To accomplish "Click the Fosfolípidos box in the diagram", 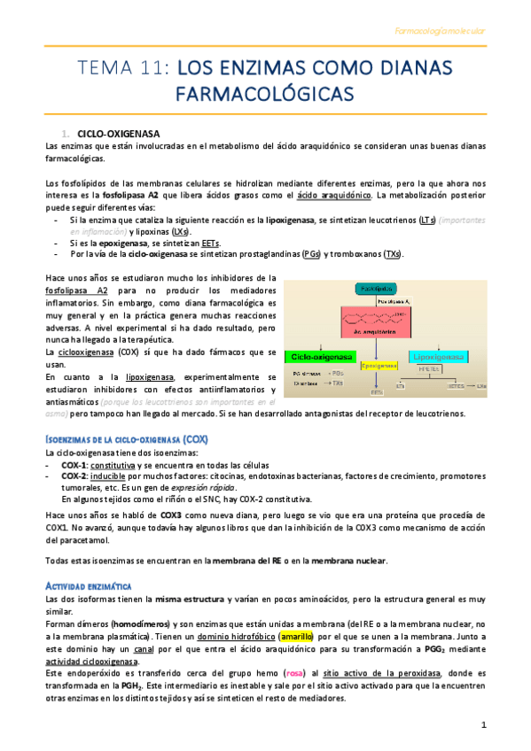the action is coord(381,289).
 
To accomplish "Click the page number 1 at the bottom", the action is coord(484,725).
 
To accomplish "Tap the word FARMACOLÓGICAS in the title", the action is coord(266,93).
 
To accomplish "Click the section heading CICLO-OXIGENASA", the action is coord(116,132).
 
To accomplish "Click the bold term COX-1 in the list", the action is coord(74,464).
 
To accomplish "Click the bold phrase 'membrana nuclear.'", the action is coord(346,561).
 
